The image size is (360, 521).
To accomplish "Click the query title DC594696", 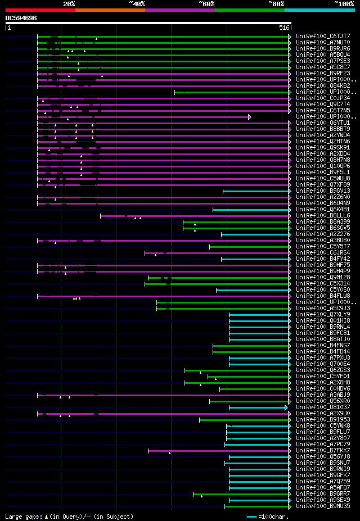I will click(21, 18).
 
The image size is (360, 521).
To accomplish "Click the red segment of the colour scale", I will click(40, 10).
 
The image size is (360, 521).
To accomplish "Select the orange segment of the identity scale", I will click(110, 10).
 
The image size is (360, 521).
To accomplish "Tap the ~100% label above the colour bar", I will click(344, 3).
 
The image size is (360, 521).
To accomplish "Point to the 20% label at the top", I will click(69, 3).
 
